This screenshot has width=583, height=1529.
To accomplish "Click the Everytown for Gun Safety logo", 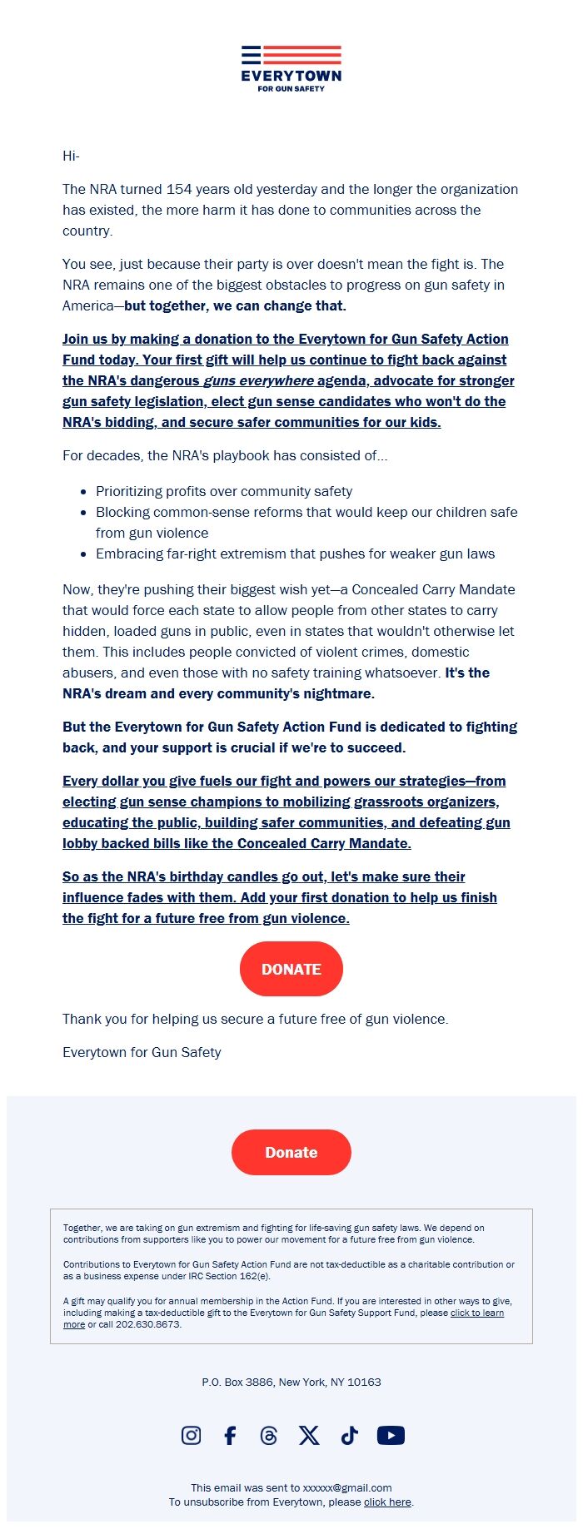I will [291, 68].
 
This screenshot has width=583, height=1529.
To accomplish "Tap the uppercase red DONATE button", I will [291, 969].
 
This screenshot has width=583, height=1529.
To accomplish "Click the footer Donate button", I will [291, 1152].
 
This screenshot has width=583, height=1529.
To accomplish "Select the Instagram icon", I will [191, 1435].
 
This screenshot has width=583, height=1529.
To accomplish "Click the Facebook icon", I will [230, 1435].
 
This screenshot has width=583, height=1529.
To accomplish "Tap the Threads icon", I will [269, 1435].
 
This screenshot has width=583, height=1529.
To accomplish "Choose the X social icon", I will [309, 1435].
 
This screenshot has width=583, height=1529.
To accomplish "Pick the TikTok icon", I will [349, 1435].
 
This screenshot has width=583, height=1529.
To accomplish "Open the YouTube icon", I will [391, 1435].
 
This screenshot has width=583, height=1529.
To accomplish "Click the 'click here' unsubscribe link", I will [387, 1502].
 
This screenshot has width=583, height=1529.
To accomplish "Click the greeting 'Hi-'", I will [71, 156].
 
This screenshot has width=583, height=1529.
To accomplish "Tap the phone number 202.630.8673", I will [147, 1324].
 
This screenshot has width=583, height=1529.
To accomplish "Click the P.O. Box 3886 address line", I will [291, 1382].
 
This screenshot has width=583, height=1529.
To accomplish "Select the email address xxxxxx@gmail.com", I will [347, 1488].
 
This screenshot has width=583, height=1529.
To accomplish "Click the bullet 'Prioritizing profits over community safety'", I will [223, 491].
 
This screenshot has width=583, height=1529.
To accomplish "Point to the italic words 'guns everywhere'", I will [258, 380].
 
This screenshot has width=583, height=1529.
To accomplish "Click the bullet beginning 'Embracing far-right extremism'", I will [295, 554].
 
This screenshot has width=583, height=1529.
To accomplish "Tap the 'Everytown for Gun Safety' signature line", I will [142, 1052].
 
